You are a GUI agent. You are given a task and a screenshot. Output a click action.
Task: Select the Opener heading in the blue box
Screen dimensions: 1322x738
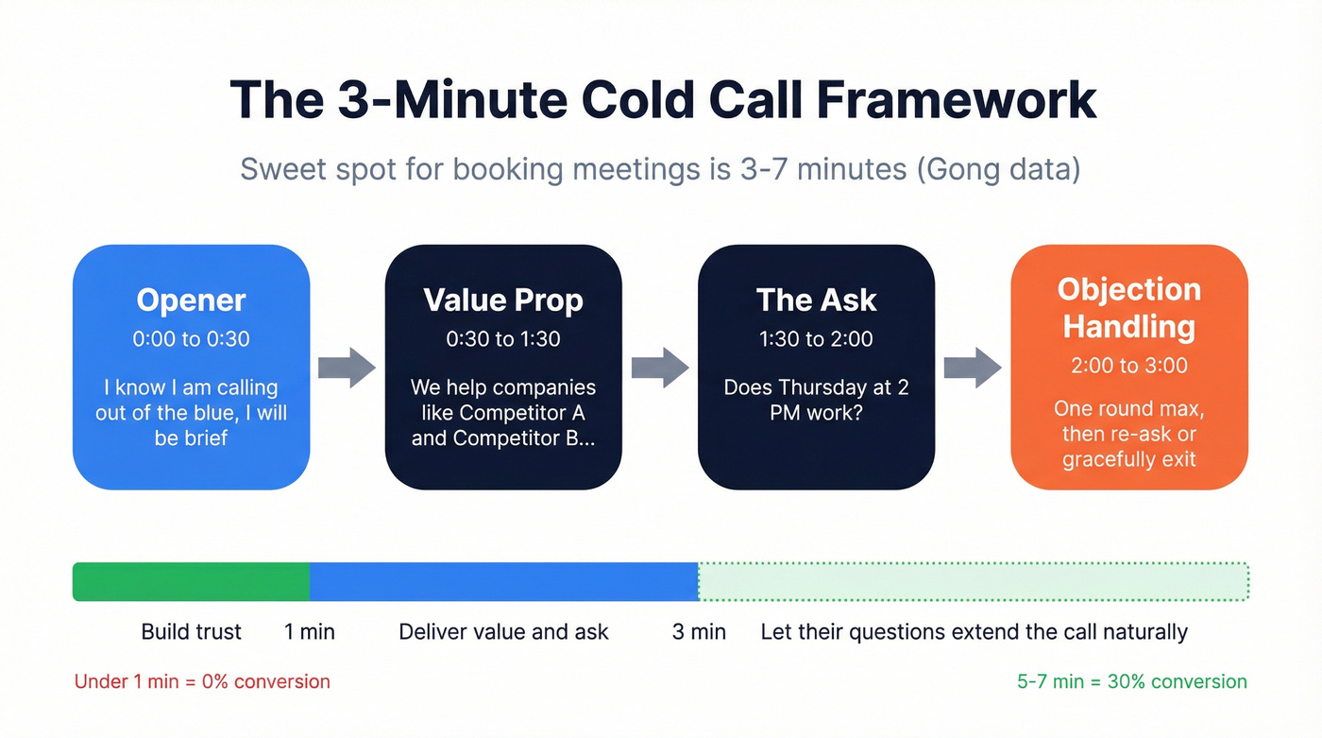(x=191, y=300)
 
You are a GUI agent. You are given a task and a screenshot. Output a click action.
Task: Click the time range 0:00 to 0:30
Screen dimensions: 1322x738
(x=191, y=338)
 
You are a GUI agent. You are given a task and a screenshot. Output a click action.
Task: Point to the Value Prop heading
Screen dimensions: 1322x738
(x=503, y=300)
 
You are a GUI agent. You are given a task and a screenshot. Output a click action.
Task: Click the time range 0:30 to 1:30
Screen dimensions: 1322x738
(x=503, y=338)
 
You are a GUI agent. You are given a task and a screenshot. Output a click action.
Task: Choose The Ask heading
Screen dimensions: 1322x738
(x=816, y=300)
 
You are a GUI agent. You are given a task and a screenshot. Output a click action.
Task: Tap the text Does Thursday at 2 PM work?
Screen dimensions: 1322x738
(x=816, y=400)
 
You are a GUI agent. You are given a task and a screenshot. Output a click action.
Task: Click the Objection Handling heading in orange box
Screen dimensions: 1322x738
(x=1128, y=308)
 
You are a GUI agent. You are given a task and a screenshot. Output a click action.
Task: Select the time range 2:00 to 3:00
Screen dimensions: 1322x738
(x=1128, y=366)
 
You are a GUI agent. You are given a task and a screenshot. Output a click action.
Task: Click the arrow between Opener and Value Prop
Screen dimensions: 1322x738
(x=347, y=367)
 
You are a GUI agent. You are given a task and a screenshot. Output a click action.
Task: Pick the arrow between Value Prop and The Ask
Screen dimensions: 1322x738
(x=659, y=367)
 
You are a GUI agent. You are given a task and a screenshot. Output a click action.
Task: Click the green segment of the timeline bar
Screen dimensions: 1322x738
(x=191, y=581)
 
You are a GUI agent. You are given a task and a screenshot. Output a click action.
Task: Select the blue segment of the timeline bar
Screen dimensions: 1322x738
(x=503, y=581)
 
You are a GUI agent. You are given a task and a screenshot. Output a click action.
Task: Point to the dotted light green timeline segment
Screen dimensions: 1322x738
(x=973, y=581)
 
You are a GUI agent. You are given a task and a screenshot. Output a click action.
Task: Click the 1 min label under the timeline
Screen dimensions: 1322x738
(x=310, y=632)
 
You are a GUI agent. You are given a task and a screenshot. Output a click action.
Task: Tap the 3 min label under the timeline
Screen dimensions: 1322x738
(x=699, y=632)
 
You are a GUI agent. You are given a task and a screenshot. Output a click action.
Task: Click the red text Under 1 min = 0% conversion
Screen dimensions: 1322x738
(x=202, y=681)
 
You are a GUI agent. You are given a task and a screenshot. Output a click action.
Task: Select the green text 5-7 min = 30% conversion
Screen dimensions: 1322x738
(x=1131, y=681)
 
